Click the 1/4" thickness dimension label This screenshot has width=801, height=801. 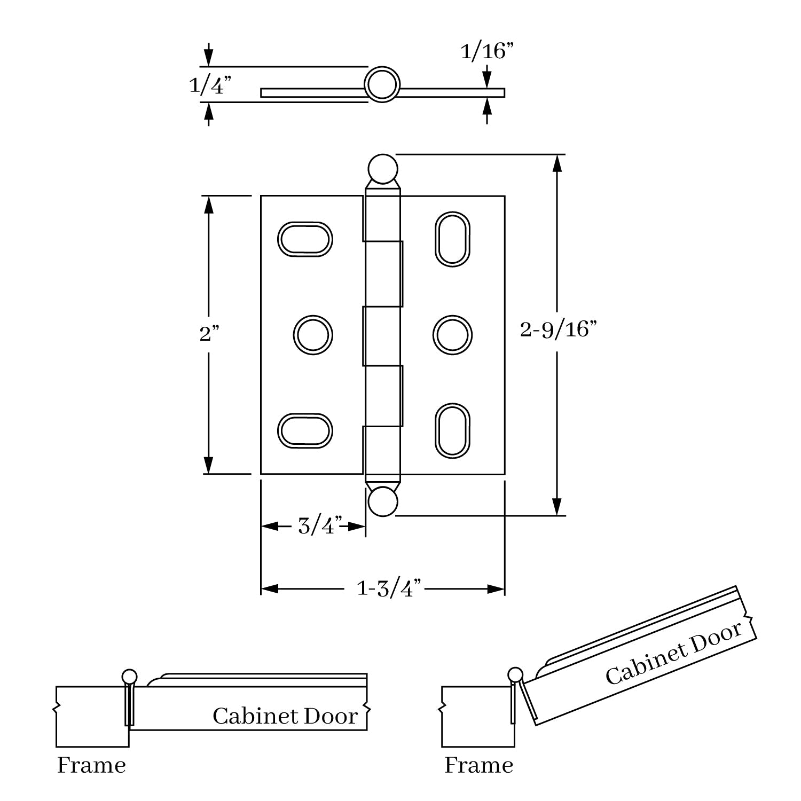[210, 85]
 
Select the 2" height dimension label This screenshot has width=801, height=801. [209, 334]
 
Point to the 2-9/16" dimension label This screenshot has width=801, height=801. [557, 329]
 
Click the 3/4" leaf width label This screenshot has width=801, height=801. [319, 526]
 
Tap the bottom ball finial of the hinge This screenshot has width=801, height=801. [382, 502]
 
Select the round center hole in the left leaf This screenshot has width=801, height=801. [313, 335]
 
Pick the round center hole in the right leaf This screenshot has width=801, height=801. [452, 335]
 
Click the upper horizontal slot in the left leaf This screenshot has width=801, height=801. [305, 239]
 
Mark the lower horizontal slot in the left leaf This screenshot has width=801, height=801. [305, 430]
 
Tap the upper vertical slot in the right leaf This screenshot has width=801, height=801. [452, 239]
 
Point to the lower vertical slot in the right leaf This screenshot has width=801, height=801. [452, 431]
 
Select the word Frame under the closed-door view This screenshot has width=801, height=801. [91, 765]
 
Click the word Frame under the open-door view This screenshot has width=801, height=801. [478, 765]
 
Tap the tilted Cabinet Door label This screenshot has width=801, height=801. [674, 653]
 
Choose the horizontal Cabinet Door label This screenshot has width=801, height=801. [285, 716]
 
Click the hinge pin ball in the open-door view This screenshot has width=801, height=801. [515, 674]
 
